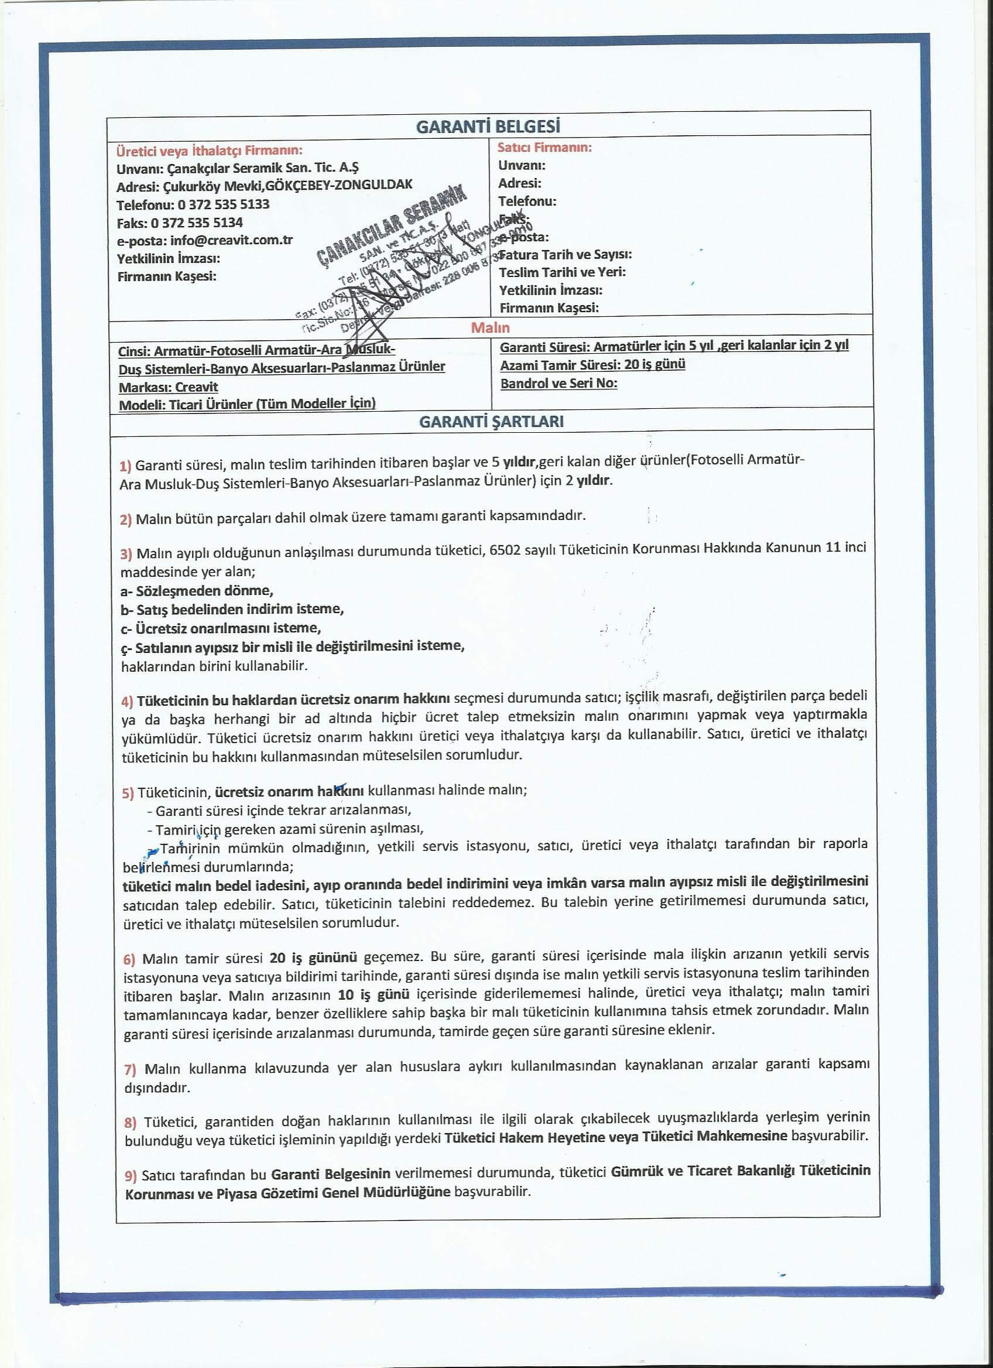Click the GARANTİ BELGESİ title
(488, 126)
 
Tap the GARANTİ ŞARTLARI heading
(491, 421)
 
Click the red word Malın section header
(490, 327)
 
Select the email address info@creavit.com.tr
(231, 240)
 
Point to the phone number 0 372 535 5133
(223, 204)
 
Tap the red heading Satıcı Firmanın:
(545, 147)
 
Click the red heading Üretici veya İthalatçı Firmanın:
(209, 150)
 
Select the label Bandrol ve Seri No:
(559, 383)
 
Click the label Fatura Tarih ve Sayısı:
(566, 255)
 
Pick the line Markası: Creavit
(168, 387)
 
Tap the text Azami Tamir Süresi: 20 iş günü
(592, 364)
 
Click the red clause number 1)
(125, 466)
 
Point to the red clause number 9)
(131, 1175)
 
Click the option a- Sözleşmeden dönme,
(197, 590)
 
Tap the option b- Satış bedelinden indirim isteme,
(232, 609)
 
